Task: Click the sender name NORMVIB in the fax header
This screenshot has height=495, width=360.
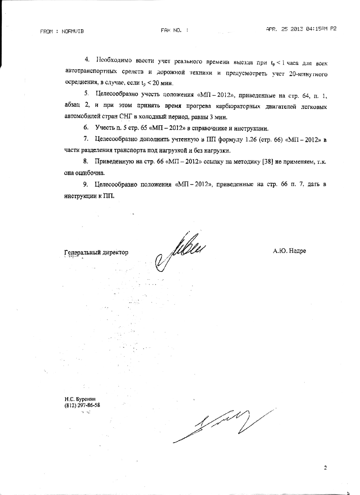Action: click(x=73, y=31)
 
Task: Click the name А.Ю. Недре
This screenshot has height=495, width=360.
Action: click(x=289, y=251)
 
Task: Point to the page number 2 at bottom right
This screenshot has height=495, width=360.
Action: click(x=325, y=467)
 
